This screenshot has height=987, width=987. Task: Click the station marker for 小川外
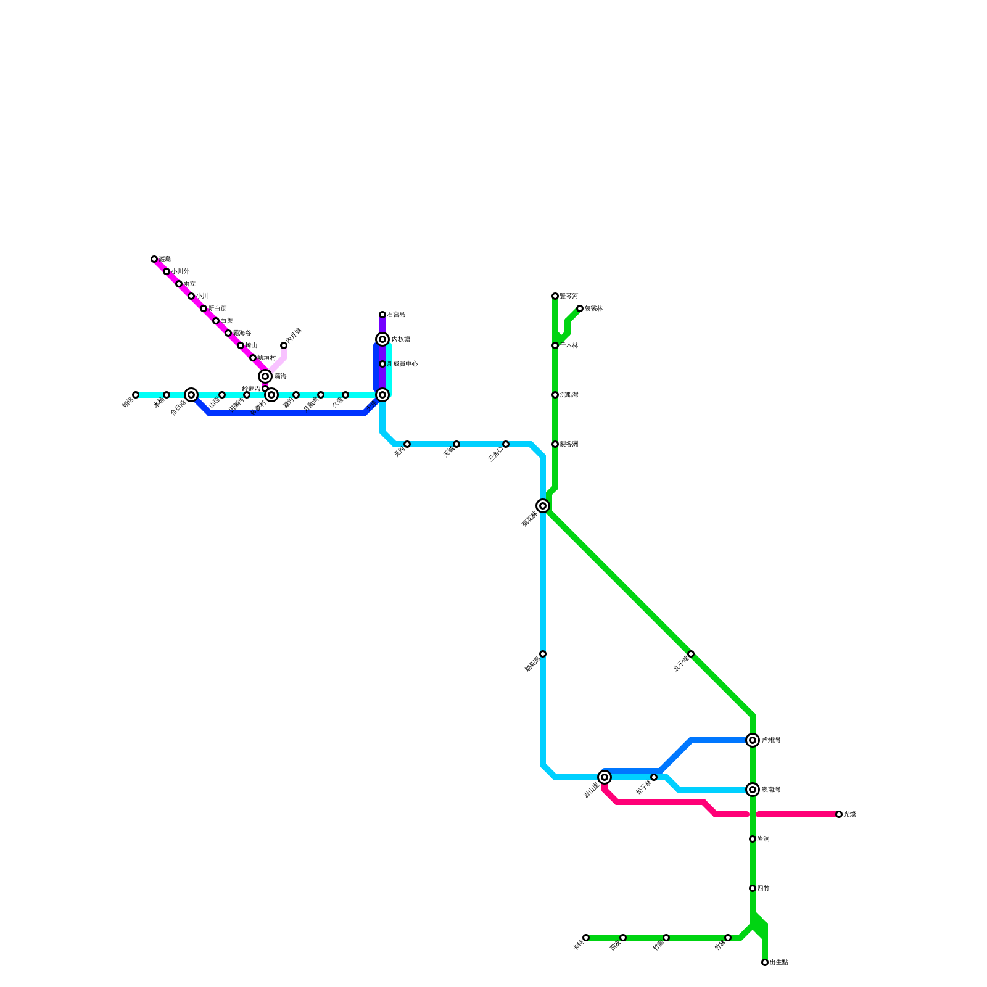(x=167, y=271)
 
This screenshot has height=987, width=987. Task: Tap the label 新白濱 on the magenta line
(x=217, y=308)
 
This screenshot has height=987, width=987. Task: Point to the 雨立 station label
(x=189, y=284)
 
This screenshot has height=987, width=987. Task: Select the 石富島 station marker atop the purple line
(x=382, y=315)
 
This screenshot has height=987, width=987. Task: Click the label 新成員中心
(x=403, y=364)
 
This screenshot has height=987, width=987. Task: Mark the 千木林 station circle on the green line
(x=555, y=345)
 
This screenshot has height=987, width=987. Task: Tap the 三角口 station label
(x=495, y=454)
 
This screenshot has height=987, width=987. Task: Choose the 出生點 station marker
(x=765, y=962)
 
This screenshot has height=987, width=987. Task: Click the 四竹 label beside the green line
(x=763, y=888)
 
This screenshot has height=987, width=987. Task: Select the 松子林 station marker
(x=654, y=777)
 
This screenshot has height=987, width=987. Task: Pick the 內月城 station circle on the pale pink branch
(x=284, y=345)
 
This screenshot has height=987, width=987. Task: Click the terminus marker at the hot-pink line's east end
(x=839, y=814)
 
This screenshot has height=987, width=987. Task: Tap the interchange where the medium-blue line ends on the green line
(x=753, y=740)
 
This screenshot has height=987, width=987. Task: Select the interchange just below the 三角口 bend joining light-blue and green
(x=543, y=506)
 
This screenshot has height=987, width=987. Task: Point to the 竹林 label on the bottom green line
(x=719, y=946)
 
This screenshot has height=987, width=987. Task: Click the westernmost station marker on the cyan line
(x=136, y=395)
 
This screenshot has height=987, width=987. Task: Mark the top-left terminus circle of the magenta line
(x=154, y=259)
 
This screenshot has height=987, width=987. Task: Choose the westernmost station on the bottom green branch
(x=586, y=938)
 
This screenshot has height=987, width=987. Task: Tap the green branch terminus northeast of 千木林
(x=580, y=308)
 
